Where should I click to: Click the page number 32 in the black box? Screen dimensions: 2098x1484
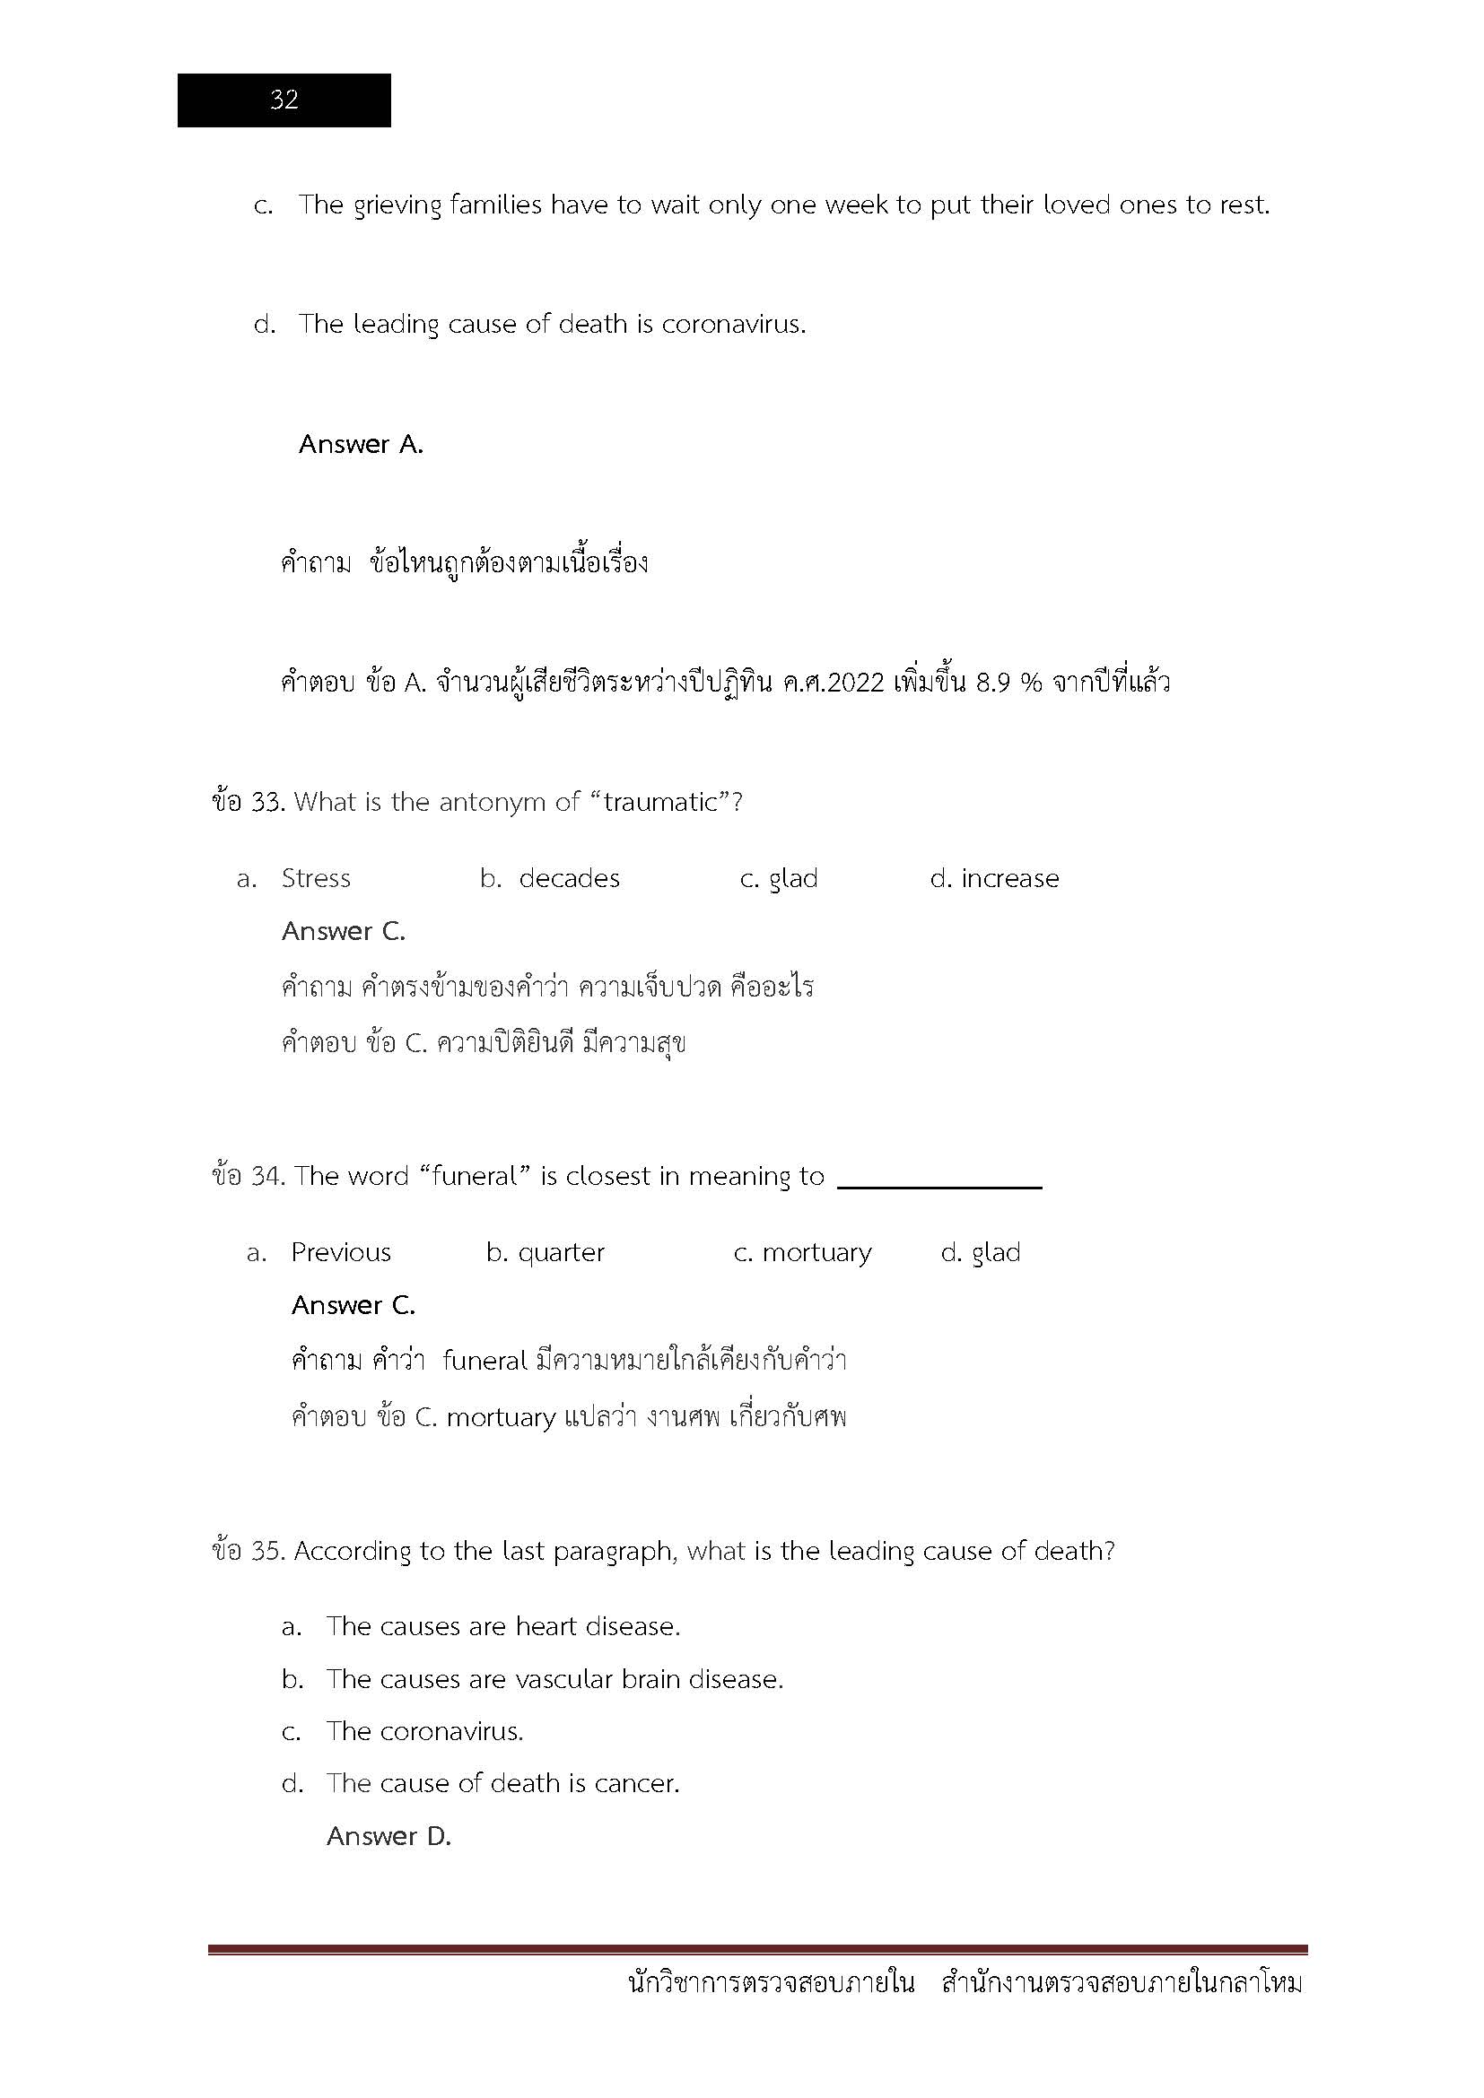284,100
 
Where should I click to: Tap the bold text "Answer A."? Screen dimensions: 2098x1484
361,445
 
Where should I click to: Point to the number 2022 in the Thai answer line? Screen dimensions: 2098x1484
855,683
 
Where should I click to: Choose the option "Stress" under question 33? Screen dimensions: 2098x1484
315,878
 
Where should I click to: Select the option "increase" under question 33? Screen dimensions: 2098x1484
1009,878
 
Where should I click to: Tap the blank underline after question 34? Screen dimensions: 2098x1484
939,1186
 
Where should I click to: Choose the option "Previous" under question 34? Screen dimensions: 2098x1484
341,1252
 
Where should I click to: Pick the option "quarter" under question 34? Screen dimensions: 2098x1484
561,1252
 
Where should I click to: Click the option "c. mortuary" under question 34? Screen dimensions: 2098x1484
802,1252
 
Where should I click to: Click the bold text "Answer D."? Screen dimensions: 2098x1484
389,1837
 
